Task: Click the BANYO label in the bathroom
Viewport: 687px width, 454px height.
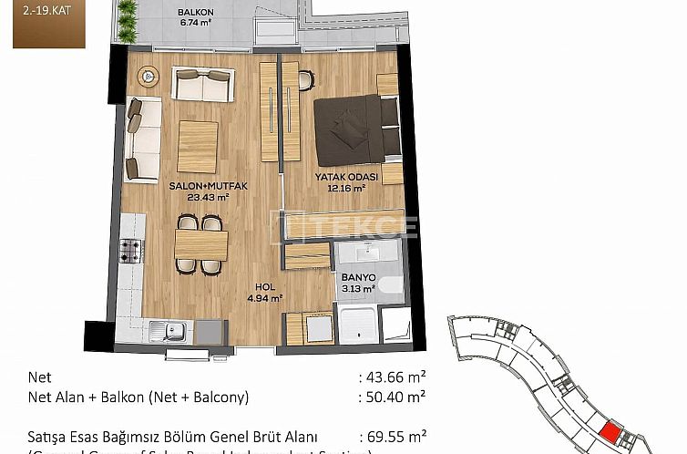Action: click(x=357, y=278)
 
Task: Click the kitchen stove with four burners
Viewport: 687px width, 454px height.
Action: click(x=131, y=249)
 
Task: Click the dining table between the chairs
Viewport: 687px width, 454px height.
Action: click(x=200, y=243)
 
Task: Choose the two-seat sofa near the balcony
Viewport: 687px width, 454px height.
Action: click(x=200, y=86)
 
